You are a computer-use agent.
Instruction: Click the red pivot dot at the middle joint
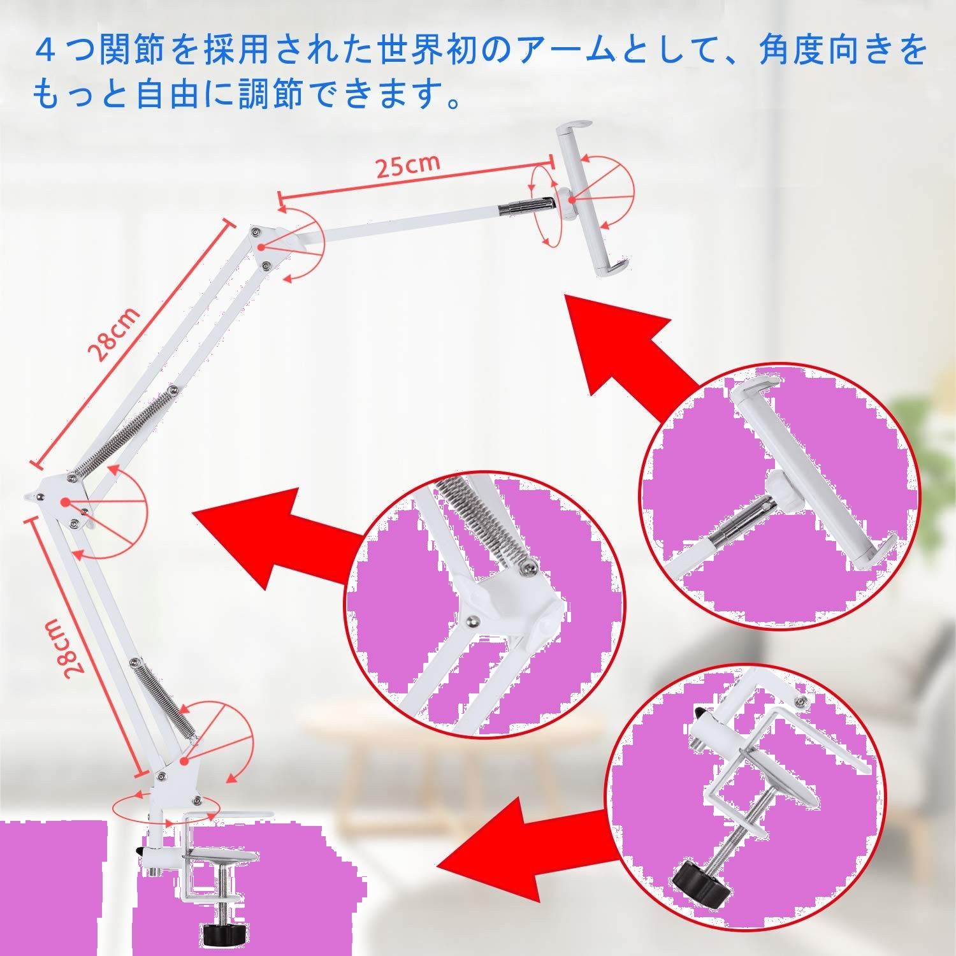65,503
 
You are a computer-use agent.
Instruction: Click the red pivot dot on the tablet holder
572,201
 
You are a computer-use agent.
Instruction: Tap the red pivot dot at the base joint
184,760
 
